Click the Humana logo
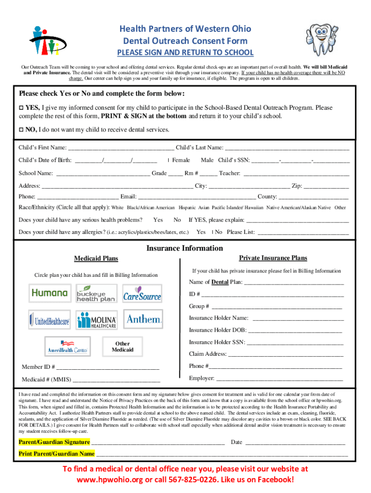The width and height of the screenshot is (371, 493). point(50,293)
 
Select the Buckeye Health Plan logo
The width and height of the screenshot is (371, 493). point(96,293)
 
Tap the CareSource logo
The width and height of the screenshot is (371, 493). point(142,293)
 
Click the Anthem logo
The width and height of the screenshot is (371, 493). point(143,319)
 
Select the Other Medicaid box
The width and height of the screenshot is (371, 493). point(122,347)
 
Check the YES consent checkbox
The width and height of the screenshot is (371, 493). point(21,108)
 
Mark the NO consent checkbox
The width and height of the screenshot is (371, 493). point(21,130)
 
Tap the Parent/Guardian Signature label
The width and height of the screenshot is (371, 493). point(54,442)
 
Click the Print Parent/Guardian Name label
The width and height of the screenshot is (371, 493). point(56,454)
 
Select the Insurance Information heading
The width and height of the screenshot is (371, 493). point(185,248)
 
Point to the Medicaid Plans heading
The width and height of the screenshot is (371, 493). point(96,259)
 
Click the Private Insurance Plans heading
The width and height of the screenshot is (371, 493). point(273,258)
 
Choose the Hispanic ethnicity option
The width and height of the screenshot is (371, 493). point(187,208)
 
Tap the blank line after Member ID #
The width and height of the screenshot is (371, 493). point(108,368)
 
